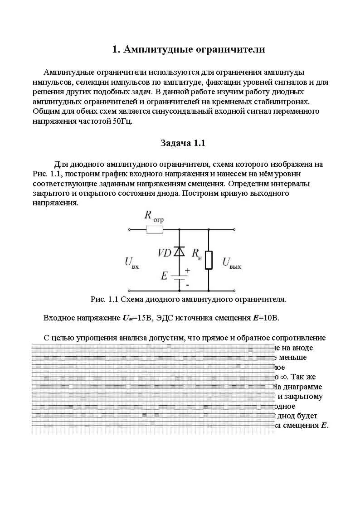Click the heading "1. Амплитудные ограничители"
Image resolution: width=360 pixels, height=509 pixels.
[x=188, y=49]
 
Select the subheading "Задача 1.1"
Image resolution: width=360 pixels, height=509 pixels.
[x=183, y=143]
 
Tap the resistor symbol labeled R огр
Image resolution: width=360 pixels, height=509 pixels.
[x=155, y=230]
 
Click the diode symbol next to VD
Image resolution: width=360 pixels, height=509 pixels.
[x=180, y=252]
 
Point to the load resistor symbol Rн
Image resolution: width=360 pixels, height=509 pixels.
[x=209, y=260]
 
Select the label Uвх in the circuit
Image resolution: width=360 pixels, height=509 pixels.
[x=131, y=263]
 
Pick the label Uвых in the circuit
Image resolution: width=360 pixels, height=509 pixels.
[x=231, y=263]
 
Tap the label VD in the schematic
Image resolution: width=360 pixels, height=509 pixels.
[x=164, y=253]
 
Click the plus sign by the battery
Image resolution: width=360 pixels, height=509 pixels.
[x=187, y=271]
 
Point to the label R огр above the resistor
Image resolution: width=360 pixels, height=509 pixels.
[x=154, y=216]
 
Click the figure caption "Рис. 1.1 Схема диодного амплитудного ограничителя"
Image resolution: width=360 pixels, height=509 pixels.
[x=188, y=299]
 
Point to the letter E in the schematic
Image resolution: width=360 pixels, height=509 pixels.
[x=164, y=276]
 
